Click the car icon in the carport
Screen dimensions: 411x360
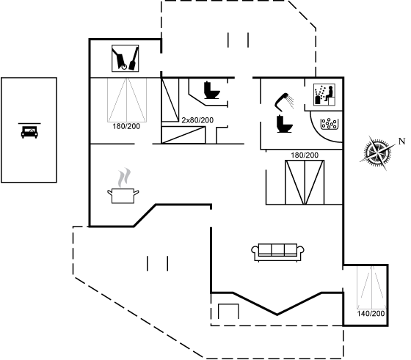point(29,131)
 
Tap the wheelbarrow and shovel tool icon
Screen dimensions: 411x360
point(126,58)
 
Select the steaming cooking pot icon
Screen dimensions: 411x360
point(123,186)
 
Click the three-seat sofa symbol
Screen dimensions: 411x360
point(278,252)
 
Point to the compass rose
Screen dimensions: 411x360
point(378,153)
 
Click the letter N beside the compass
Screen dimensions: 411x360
point(401,142)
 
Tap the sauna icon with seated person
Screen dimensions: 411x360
point(324,95)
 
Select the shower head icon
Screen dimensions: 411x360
point(284,102)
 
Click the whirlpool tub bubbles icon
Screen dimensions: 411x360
point(330,124)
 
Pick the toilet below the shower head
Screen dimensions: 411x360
point(284,124)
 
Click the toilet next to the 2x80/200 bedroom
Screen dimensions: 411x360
point(211,90)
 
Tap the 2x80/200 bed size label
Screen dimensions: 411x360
point(197,120)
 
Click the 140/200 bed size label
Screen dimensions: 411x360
point(371,313)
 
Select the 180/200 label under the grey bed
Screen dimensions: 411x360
point(126,126)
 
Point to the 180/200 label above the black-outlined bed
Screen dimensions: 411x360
point(305,155)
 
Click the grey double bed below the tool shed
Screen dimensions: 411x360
point(127,100)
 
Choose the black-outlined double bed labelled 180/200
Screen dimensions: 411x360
point(305,183)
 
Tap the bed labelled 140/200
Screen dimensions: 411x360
point(371,287)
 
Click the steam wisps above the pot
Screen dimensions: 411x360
point(124,177)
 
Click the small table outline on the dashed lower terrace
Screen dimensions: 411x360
point(228,311)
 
